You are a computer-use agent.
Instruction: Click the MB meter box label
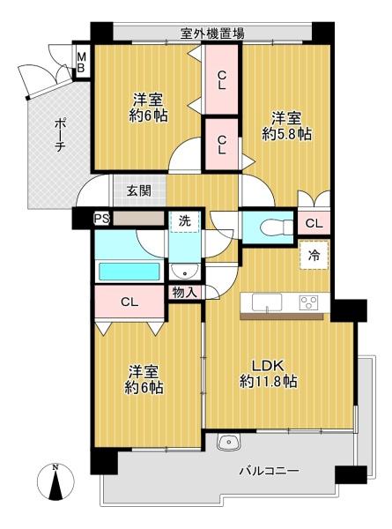tap(80, 63)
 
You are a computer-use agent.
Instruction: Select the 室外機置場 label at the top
tap(212, 34)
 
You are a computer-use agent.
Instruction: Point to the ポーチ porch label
tap(58, 136)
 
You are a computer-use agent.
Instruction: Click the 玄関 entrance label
tap(138, 190)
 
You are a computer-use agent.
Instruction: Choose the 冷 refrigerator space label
tap(314, 255)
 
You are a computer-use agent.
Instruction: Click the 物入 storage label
tap(185, 292)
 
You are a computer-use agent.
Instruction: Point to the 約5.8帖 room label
tap(286, 126)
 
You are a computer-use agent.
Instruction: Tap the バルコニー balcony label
tap(269, 472)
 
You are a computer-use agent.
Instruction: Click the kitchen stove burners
tap(309, 302)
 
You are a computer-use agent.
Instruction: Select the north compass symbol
tap(55, 485)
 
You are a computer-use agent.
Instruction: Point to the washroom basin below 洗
tap(184, 272)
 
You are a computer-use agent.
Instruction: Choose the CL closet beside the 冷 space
tap(314, 224)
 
